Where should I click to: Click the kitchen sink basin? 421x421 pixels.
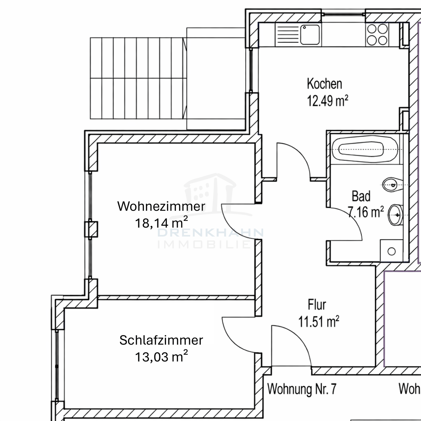click(310, 34)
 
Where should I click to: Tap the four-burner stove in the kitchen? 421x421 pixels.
click(377, 34)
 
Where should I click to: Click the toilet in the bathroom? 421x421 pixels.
click(392, 184)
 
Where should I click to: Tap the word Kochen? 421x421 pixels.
click(324, 84)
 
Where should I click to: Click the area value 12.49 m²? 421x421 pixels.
click(327, 101)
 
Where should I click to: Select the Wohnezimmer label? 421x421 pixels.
click(161, 206)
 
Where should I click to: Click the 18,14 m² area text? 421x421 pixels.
click(161, 223)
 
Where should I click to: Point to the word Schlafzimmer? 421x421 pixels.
click(161, 340)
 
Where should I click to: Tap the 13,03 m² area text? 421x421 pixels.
click(161, 357)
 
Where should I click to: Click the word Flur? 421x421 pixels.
click(317, 305)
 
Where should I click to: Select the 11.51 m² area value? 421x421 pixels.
click(319, 322)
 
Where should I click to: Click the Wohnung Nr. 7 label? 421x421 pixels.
click(302, 389)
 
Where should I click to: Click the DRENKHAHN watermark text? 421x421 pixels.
click(210, 233)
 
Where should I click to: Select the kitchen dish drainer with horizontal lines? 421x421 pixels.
click(287, 34)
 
